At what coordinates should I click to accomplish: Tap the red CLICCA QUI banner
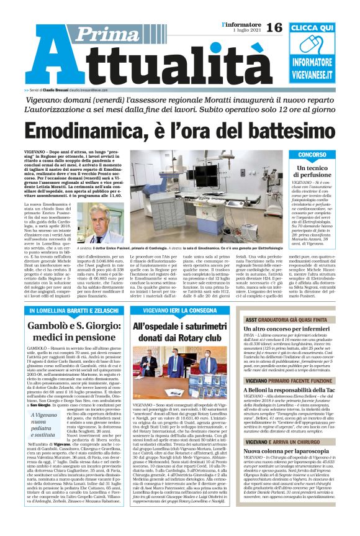click(320, 29)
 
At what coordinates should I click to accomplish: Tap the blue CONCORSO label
click(320, 154)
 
